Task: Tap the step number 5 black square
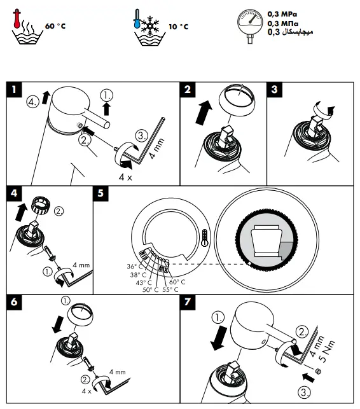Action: click(101, 193)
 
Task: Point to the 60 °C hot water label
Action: click(55, 27)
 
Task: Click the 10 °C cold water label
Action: click(179, 27)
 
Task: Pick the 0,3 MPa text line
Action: click(283, 12)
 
